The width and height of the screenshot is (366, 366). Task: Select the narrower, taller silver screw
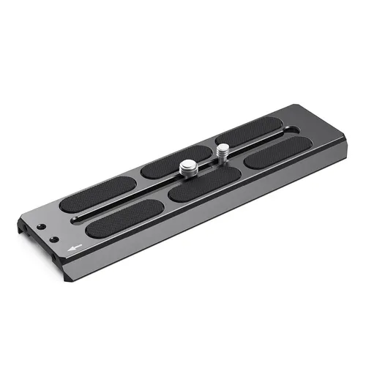[x=223, y=152]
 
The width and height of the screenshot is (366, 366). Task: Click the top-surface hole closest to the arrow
[x=53, y=239]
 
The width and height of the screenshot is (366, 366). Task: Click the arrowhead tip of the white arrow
[x=68, y=248]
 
